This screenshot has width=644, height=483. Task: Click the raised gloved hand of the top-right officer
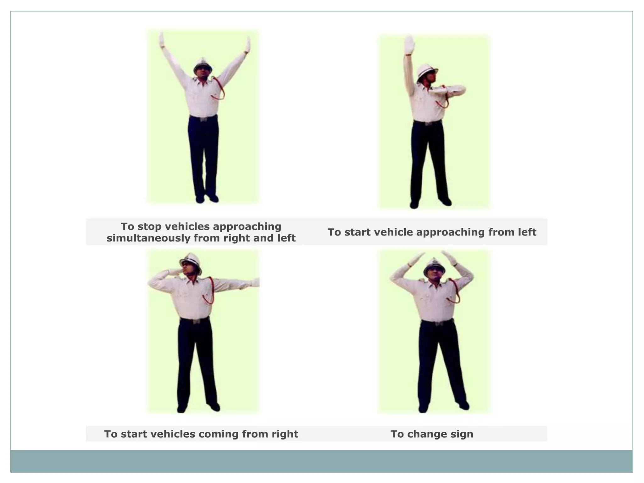click(x=409, y=45)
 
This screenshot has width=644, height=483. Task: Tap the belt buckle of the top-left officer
click(x=203, y=119)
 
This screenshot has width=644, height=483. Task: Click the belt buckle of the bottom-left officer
click(x=196, y=321)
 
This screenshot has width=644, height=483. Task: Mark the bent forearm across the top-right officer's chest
click(x=447, y=91)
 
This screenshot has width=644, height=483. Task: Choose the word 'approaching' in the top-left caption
click(x=247, y=227)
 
